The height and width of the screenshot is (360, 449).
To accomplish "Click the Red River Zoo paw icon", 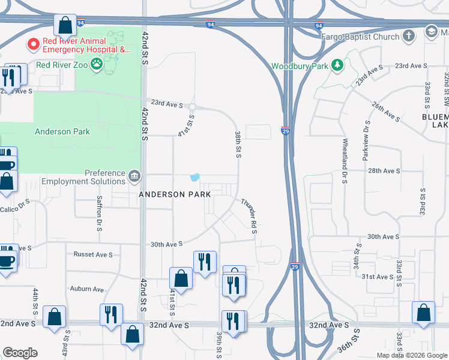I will [x=96, y=64].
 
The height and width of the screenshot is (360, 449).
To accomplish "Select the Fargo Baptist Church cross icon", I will [x=408, y=37].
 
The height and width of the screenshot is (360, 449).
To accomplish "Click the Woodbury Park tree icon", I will [x=337, y=65].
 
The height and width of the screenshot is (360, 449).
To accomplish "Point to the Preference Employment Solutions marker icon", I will [x=134, y=176].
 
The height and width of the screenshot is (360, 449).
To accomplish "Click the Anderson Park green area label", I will [x=62, y=131].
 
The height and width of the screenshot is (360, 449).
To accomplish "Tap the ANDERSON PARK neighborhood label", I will [x=175, y=194].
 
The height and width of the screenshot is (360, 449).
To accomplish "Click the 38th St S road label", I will [x=238, y=145].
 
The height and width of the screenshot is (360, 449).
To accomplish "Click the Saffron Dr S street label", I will [x=99, y=216].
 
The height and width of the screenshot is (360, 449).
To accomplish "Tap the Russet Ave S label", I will [x=93, y=254].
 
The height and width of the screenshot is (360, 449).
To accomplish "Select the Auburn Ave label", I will [x=86, y=289].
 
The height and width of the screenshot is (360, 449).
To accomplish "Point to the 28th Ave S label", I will [x=384, y=171].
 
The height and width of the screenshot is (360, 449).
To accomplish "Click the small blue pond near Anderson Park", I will [x=194, y=177].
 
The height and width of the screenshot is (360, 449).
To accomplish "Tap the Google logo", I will [x=20, y=353].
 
